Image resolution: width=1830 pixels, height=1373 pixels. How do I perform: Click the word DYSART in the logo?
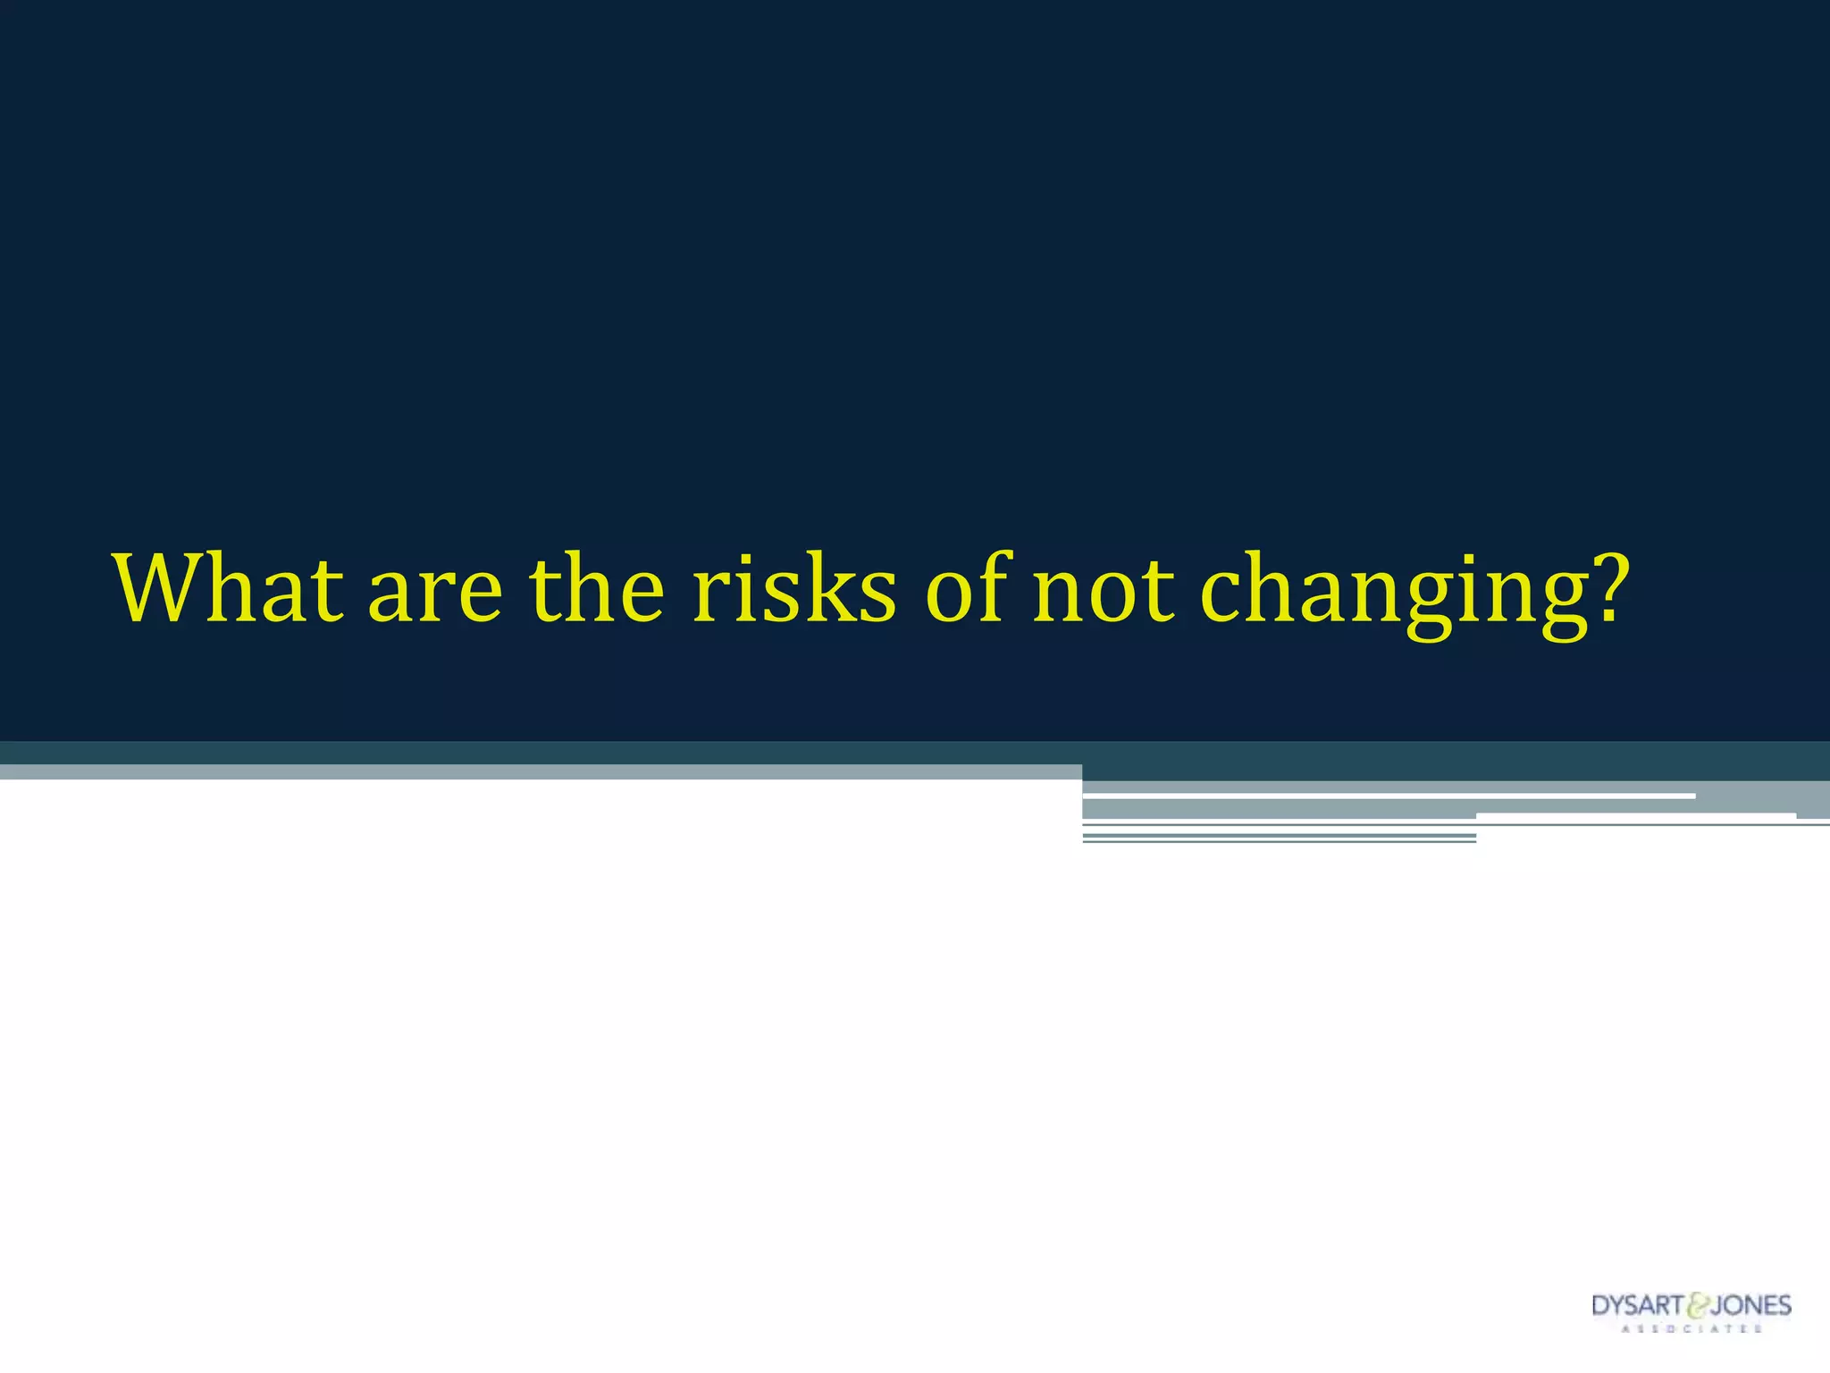1637,1306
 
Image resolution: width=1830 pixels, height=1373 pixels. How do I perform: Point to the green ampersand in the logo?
1695,1307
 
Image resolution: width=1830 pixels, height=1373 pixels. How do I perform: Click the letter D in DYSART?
1600,1306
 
